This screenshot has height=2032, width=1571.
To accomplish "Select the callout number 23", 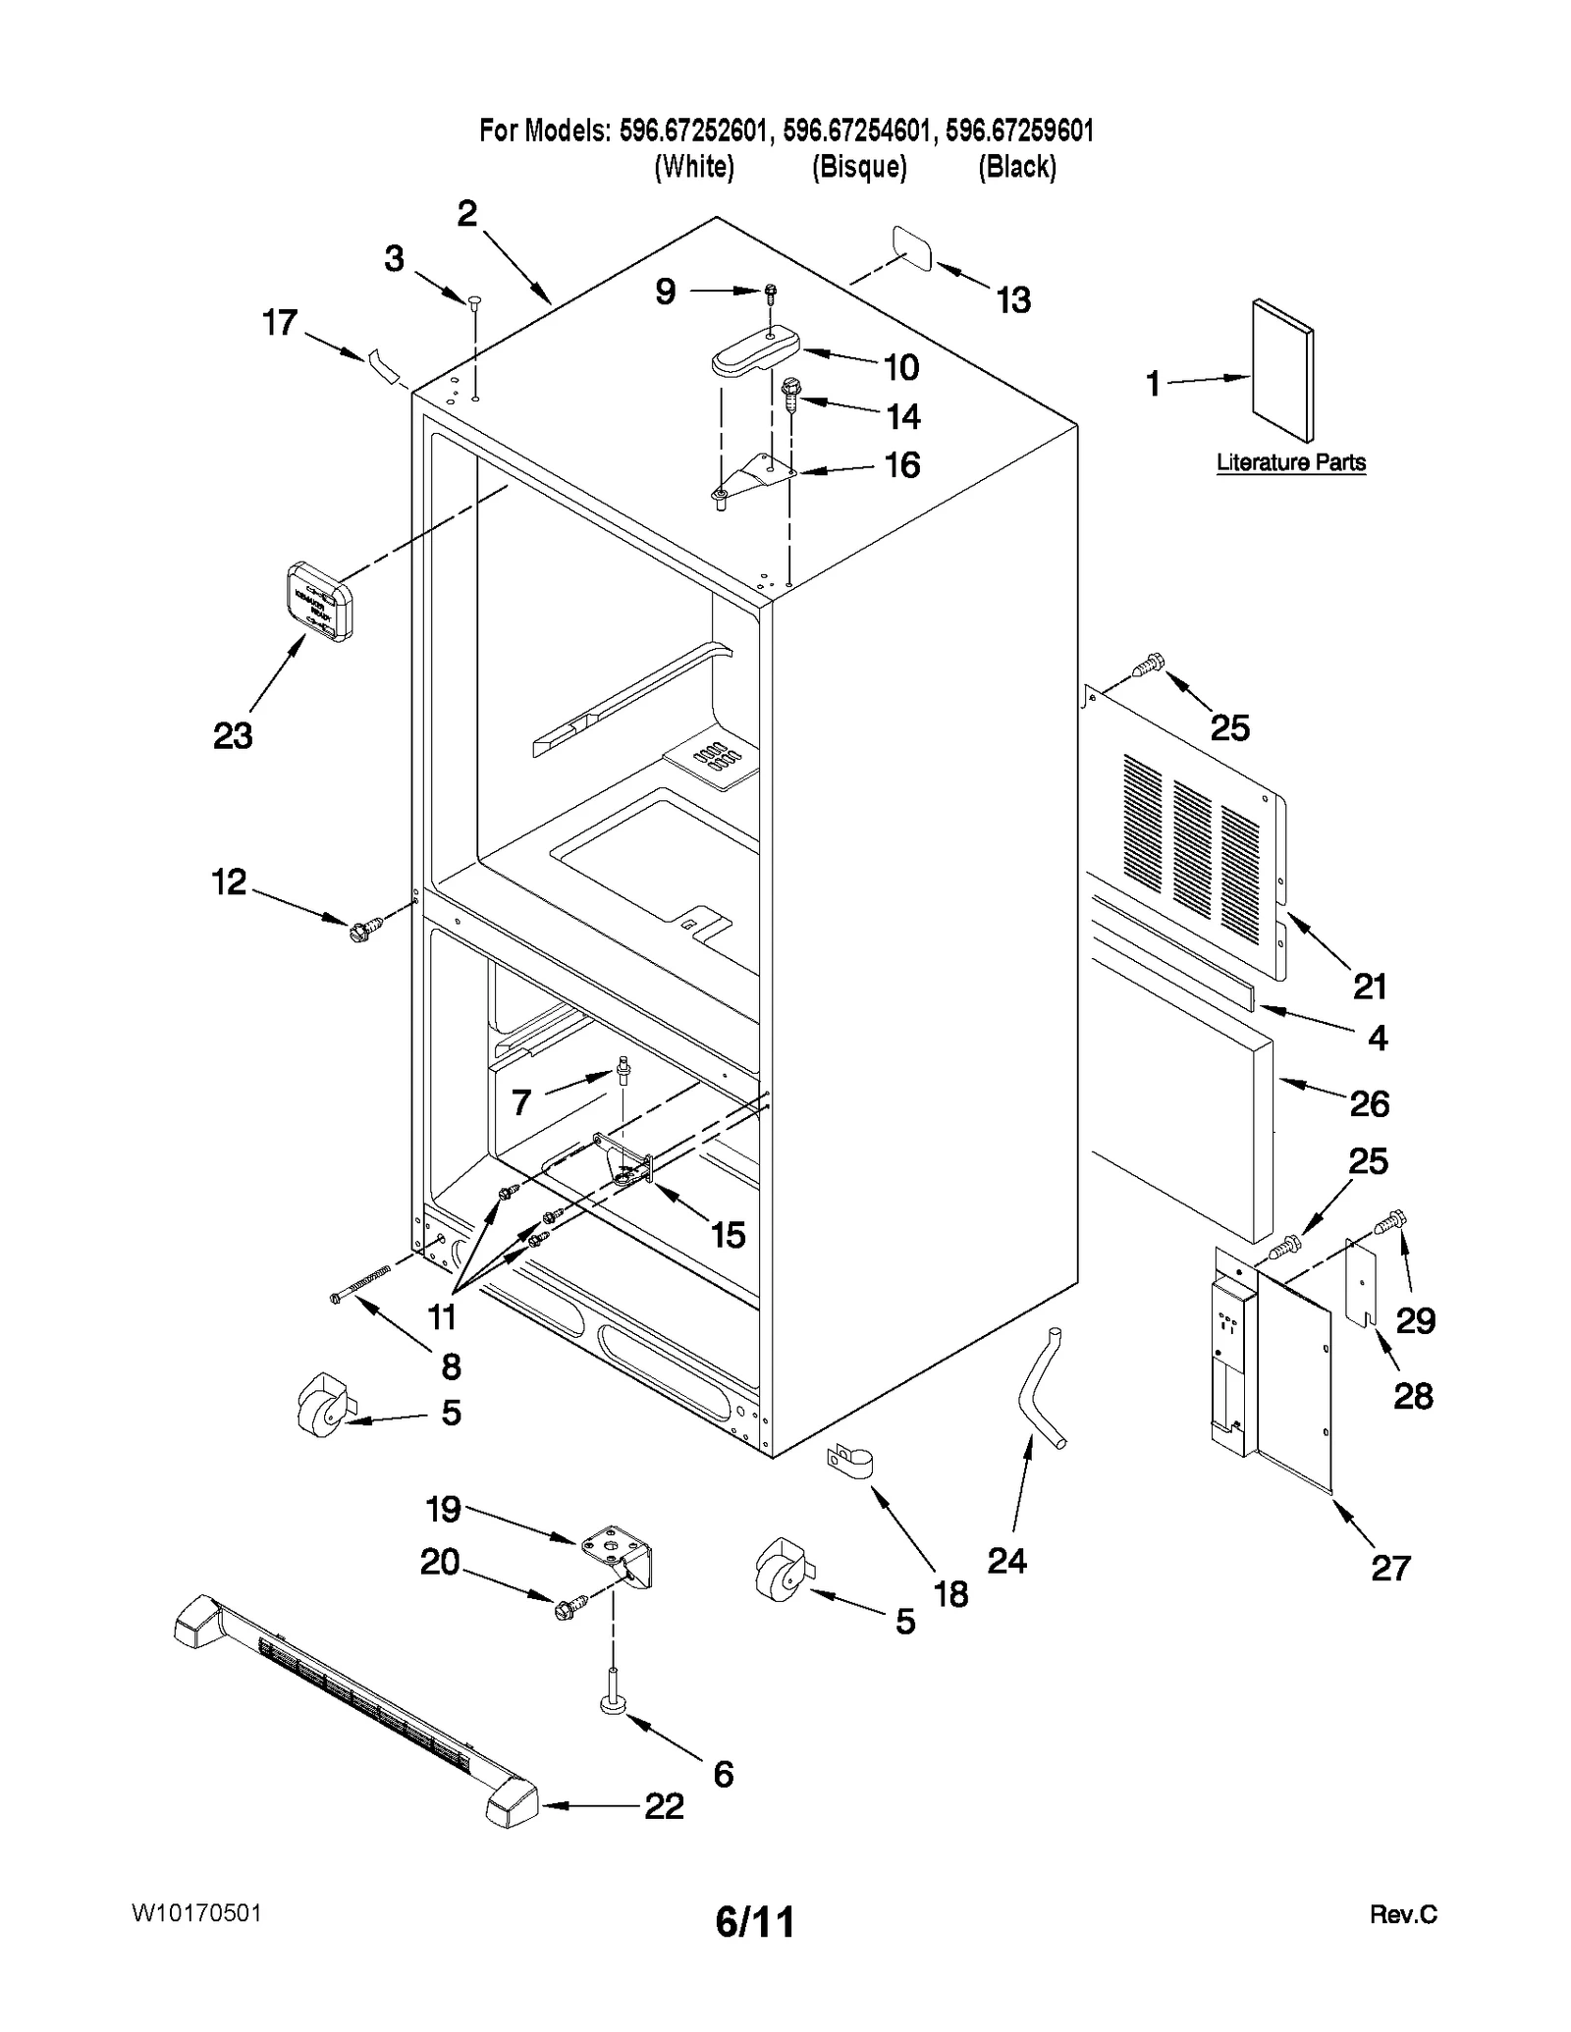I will click(x=233, y=735).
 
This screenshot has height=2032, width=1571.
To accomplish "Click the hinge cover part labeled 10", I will click(x=754, y=351).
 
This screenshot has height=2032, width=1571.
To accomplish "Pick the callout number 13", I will click(x=1012, y=299).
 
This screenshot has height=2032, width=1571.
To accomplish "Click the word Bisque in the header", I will click(x=859, y=167).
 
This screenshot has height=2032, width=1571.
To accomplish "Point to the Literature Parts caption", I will click(x=1290, y=462).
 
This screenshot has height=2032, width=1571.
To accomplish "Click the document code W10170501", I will click(x=195, y=1913).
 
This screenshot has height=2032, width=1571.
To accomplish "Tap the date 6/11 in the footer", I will click(x=754, y=1921).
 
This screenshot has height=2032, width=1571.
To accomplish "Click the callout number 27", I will click(x=1389, y=1568).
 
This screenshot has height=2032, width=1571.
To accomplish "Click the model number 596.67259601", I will click(x=1019, y=131).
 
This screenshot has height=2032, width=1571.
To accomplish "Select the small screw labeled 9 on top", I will click(x=771, y=291).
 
